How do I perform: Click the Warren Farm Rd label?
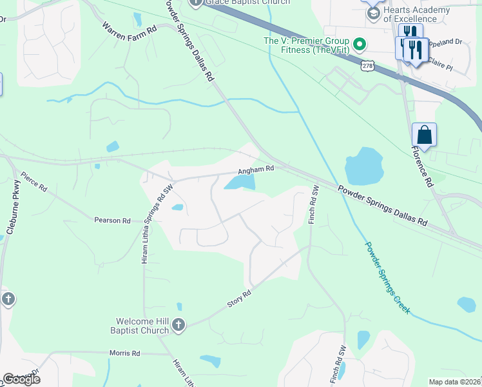[130, 29]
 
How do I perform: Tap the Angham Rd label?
[256, 169]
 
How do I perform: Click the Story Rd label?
[238, 297]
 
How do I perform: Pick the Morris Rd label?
[126, 353]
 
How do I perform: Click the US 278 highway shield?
[367, 66]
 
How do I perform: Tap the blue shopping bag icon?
[424, 135]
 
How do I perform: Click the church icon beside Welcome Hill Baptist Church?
[179, 325]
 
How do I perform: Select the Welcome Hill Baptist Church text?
[142, 326]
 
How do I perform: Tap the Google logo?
[21, 379]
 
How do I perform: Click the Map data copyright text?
[455, 382]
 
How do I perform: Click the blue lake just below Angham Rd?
[240, 184]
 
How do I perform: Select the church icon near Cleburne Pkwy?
[8, 299]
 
